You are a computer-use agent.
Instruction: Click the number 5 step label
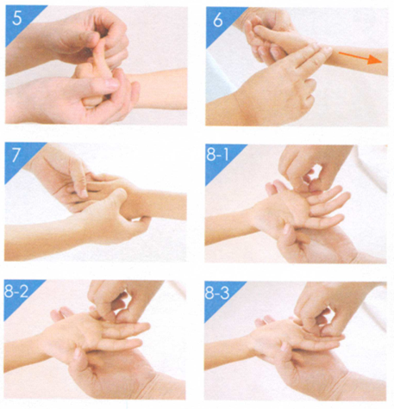coord(17,18)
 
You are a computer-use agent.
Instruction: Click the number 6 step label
coord(217,19)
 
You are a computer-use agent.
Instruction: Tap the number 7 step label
coord(16,155)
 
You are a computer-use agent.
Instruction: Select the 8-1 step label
coord(217,155)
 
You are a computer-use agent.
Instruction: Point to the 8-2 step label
coord(16,291)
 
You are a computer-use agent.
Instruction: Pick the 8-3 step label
coord(217,293)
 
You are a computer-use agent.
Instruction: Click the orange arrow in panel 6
coord(360,58)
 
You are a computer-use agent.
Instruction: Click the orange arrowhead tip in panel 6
coord(382,61)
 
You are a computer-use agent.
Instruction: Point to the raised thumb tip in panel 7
coord(122,193)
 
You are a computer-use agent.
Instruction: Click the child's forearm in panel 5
coord(161,89)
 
